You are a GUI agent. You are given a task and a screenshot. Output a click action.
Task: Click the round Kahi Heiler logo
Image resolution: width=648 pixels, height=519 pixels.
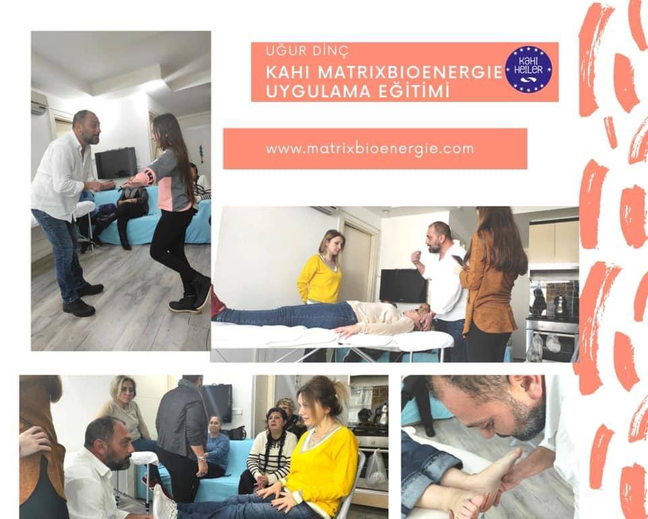529,69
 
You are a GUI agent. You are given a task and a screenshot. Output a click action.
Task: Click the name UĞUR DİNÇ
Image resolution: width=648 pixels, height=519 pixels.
308,51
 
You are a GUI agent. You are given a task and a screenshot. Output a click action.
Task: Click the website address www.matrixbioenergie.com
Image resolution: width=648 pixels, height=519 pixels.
370,148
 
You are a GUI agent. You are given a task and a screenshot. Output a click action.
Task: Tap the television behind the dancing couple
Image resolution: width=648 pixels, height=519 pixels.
116,163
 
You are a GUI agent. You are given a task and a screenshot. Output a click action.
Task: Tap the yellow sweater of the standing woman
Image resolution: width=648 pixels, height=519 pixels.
319,279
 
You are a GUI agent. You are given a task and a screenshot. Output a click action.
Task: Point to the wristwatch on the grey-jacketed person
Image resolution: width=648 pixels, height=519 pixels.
201,460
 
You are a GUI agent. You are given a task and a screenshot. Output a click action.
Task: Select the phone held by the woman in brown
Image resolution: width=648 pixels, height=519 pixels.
458,261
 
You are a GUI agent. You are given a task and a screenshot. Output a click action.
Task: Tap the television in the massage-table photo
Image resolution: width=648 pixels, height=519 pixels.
403,285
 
